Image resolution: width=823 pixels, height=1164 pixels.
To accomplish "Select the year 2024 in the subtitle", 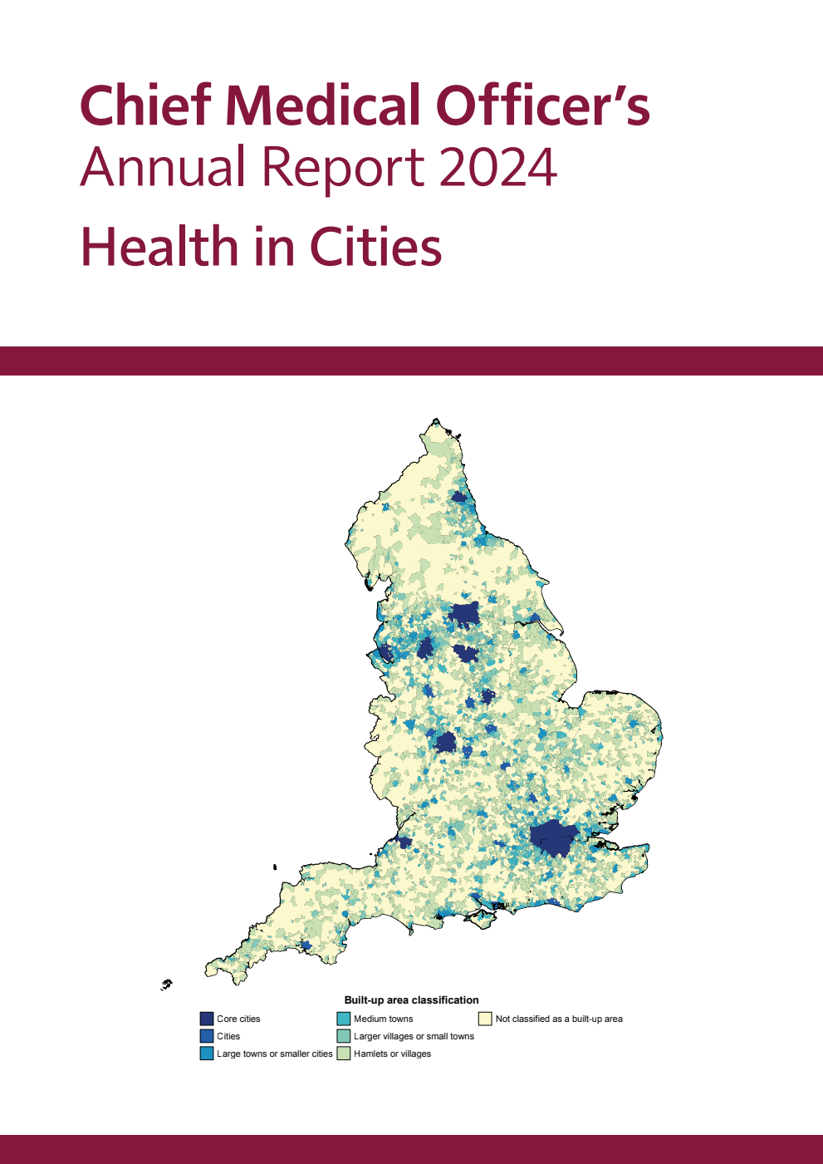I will point(497,167).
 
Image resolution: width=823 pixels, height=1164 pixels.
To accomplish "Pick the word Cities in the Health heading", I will point(375,247).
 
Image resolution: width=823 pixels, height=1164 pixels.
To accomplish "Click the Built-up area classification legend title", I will point(411,1000).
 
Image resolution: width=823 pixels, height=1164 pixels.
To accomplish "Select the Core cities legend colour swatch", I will point(207,1019).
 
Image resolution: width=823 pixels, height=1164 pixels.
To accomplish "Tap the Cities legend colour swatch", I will point(207,1036).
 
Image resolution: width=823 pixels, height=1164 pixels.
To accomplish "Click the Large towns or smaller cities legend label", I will point(274,1053).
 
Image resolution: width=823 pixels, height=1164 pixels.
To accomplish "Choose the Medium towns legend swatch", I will point(344,1019).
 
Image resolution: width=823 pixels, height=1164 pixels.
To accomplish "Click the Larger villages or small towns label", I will point(414,1036).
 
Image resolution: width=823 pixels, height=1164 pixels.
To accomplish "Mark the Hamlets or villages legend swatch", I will point(344,1053).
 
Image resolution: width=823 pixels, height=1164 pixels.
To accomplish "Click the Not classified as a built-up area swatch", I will point(485,1019).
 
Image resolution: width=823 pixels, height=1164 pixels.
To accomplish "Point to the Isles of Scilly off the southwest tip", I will point(167,985).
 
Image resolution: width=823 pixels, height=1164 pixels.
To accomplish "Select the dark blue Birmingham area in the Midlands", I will point(446,742).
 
